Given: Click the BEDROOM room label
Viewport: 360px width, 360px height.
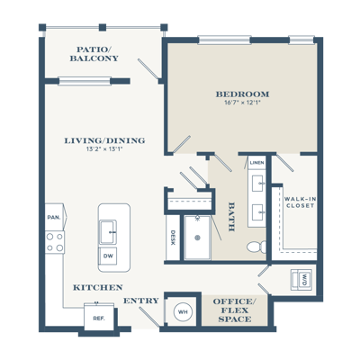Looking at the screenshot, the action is [x=242, y=94].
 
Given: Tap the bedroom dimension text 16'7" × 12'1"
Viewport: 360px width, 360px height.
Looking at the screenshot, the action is [x=242, y=103].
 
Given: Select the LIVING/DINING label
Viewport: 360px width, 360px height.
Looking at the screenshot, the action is [x=104, y=140].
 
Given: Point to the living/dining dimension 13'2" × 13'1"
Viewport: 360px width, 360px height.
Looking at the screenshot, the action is [x=104, y=148].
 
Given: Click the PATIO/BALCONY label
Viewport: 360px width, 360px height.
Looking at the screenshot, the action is [x=94, y=54].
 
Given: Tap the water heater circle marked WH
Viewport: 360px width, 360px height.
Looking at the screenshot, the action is [x=183, y=312].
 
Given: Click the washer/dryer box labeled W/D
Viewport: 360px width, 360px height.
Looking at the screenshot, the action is [x=301, y=280].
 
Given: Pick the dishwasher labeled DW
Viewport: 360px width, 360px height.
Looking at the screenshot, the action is [x=108, y=256].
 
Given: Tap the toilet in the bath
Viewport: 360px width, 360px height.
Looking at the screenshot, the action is [x=256, y=247].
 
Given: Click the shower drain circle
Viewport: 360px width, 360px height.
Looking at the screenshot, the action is [x=197, y=238].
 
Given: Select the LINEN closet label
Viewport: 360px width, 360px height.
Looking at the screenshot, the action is [x=257, y=163].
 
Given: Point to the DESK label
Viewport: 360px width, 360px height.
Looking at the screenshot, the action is [x=173, y=238].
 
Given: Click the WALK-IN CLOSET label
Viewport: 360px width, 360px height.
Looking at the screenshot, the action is [x=300, y=202].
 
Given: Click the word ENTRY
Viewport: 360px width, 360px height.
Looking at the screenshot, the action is [x=141, y=301].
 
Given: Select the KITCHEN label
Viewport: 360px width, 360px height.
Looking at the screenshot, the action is [x=98, y=287].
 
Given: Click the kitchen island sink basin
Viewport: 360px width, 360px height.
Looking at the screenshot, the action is [x=108, y=232].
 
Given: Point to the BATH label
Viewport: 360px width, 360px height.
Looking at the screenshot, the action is [x=231, y=217].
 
